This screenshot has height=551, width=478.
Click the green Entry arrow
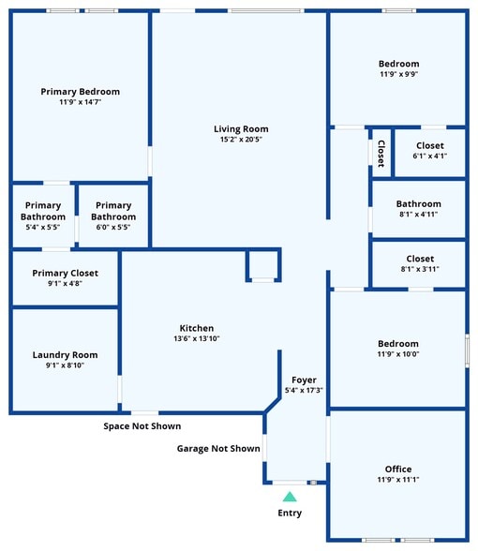[290, 497]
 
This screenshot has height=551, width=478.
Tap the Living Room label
[241, 129]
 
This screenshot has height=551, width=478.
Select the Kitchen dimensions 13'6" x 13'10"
[197, 338]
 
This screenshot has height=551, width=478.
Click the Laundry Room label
[65, 355]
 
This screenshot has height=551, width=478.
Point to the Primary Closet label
[65, 273]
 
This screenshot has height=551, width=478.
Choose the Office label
[398, 469]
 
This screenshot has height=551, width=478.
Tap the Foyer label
[304, 380]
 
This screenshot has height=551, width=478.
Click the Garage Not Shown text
[218, 448]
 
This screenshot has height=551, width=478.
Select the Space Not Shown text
[142, 425]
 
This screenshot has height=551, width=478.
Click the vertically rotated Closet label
[381, 154]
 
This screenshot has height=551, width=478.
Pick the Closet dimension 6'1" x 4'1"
[430, 156]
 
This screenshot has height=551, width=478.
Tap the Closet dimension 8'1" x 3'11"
[420, 269]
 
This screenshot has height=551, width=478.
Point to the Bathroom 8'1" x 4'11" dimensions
[419, 214]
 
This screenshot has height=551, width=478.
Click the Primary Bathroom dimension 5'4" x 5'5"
[43, 227]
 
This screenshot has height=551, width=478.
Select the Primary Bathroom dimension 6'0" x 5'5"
[113, 227]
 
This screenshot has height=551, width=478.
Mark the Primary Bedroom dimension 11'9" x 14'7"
[81, 102]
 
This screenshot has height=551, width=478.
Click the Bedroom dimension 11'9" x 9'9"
[399, 74]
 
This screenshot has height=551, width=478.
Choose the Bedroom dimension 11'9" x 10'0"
[398, 354]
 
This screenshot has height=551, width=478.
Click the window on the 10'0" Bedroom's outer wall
[467, 350]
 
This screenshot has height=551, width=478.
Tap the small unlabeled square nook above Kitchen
[262, 265]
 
